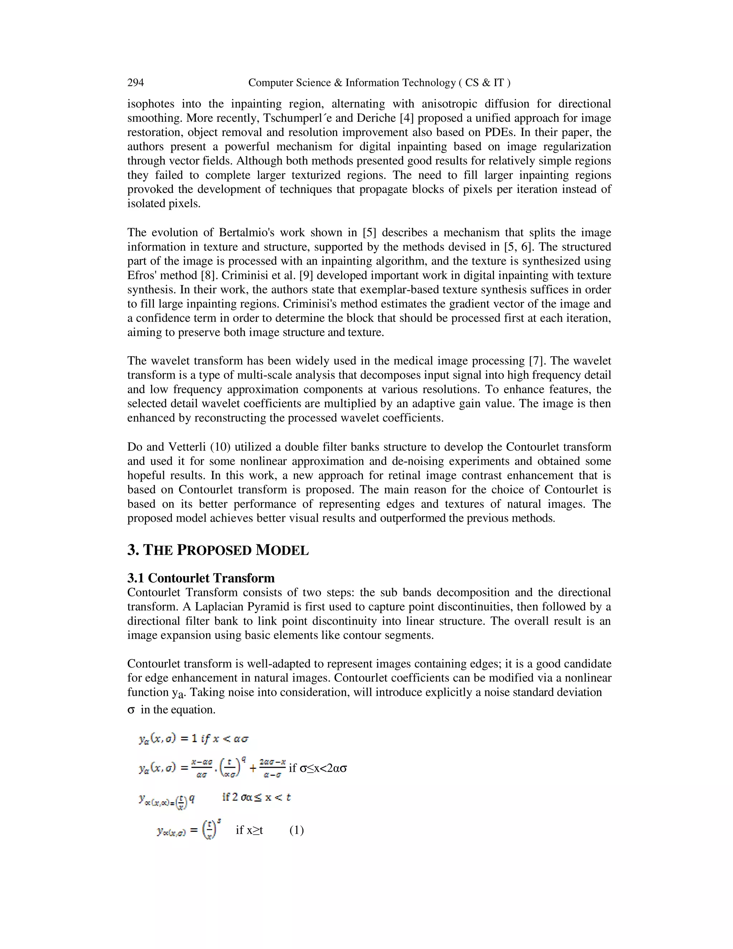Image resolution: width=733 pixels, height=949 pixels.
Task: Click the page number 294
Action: point(136,83)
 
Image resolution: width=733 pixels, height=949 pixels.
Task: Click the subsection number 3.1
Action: point(136,578)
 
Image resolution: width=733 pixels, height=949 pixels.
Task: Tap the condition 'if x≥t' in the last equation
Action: point(249,830)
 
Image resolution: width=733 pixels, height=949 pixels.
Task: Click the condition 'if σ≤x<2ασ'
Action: point(318,768)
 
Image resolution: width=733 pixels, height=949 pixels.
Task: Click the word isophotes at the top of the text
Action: point(150,104)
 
